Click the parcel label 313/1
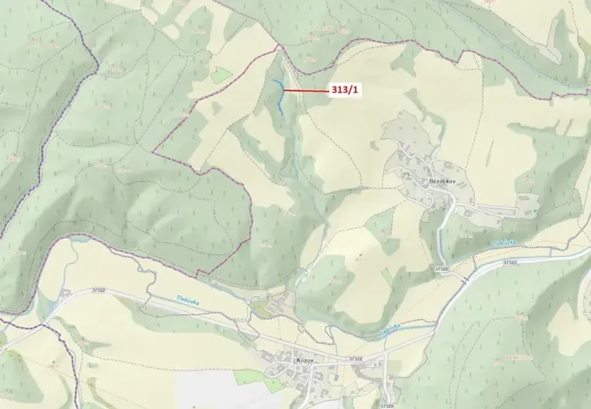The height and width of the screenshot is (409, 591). pyautogui.click(x=344, y=90)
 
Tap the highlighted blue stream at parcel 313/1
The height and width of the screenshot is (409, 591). pyautogui.click(x=280, y=96)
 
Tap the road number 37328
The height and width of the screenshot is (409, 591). pyautogui.click(x=440, y=269)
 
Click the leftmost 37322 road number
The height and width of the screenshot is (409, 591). pyautogui.click(x=98, y=290)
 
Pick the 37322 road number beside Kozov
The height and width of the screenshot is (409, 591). pyautogui.click(x=353, y=358)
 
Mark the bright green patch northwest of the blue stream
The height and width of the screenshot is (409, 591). pyautogui.click(x=221, y=75)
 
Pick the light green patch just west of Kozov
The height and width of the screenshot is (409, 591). pyautogui.click(x=251, y=377)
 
